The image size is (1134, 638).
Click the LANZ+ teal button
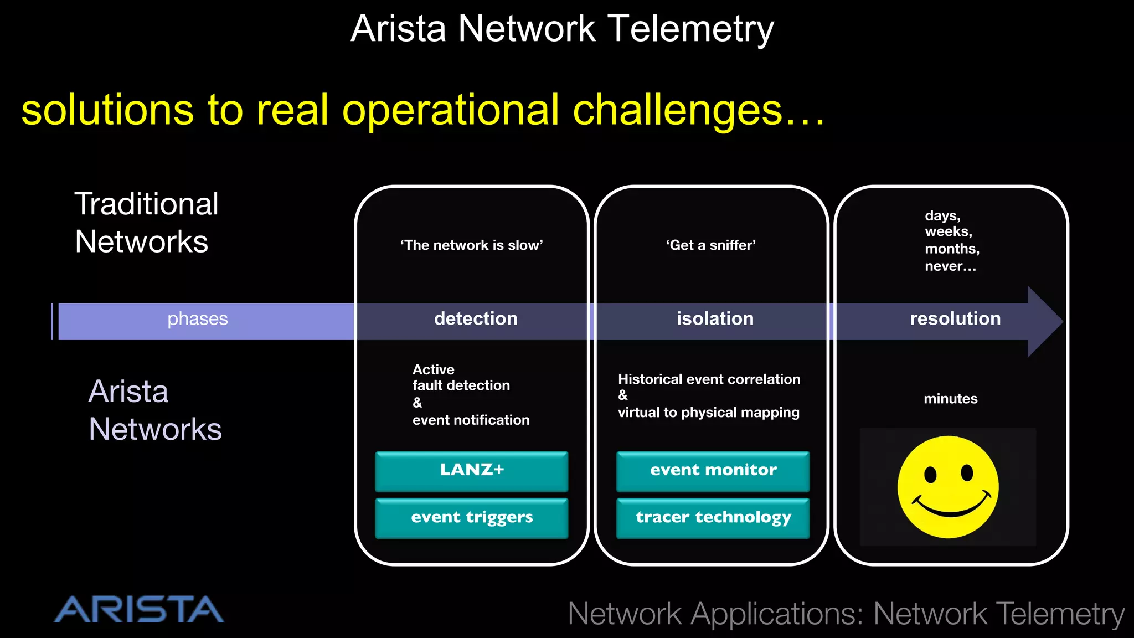(472, 471)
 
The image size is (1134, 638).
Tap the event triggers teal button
(472, 518)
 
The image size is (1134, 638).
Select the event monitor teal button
(713, 471)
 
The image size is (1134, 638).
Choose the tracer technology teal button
(713, 518)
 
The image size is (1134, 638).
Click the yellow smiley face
(948, 487)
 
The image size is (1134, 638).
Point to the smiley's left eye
(930, 475)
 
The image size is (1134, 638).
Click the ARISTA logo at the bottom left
(139, 610)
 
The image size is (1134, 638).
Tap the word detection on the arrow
(476, 319)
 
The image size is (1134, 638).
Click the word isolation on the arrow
(715, 319)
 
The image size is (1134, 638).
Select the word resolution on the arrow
(955, 319)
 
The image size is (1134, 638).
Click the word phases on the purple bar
(198, 319)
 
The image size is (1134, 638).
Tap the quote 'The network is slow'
(472, 245)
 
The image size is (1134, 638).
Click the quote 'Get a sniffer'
(711, 245)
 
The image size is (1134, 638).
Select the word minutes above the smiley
(950, 399)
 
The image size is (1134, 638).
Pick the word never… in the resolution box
(950, 266)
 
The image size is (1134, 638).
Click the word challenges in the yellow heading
(677, 111)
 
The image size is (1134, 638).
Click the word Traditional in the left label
(147, 204)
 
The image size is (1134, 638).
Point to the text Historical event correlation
(709, 379)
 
